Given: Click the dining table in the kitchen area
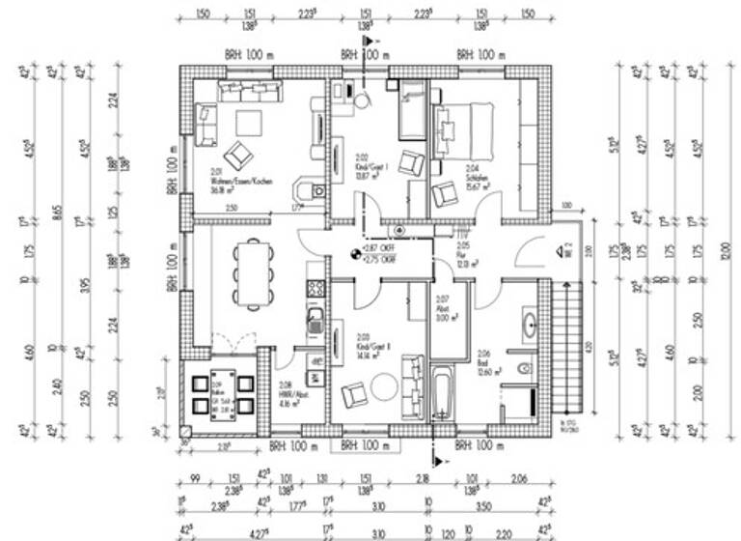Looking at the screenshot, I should point(253,273).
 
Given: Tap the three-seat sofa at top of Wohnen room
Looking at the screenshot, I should point(249,92).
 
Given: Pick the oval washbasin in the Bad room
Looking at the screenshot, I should point(529,323).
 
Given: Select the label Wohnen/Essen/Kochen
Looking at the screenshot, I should point(222,182).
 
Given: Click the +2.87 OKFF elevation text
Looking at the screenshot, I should point(380,247).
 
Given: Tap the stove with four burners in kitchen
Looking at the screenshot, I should point(315,288).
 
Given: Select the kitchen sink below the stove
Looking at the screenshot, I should point(315,320).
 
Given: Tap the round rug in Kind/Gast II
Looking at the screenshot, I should point(383,386).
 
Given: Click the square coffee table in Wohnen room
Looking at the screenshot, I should point(249,124).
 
